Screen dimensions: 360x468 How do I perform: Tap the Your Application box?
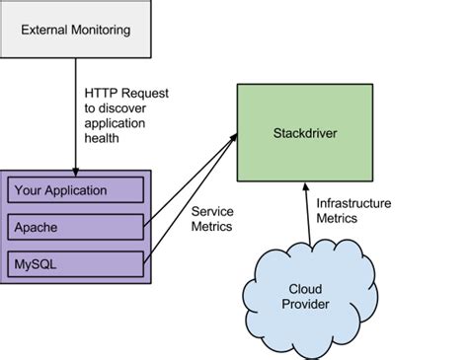pyautogui.click(x=76, y=189)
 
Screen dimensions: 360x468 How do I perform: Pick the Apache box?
pyautogui.click(x=76, y=226)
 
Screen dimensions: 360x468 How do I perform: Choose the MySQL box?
pyautogui.click(x=76, y=263)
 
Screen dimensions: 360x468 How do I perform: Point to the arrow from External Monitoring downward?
pyautogui.click(x=76, y=118)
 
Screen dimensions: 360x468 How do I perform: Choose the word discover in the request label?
pyautogui.click(x=124, y=108)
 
